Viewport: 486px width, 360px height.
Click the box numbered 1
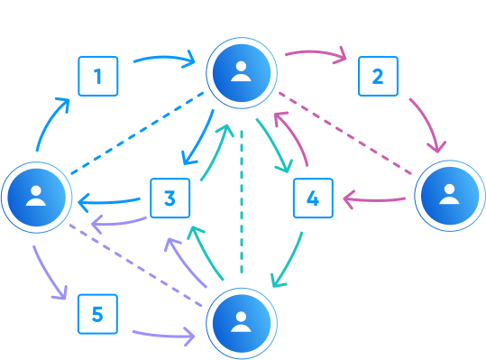pos(98,76)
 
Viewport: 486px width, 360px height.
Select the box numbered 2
pos(378,76)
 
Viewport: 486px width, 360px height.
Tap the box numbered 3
pos(170,198)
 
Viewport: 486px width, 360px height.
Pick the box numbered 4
pos(313,198)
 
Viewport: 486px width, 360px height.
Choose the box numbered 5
pos(98,313)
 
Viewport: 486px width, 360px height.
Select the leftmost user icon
pos(36,196)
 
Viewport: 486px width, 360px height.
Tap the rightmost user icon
pos(449,196)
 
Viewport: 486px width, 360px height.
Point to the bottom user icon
pos(241,322)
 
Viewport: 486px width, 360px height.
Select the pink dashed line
pos(347,135)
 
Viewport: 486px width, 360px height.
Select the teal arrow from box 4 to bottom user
pos(290,261)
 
